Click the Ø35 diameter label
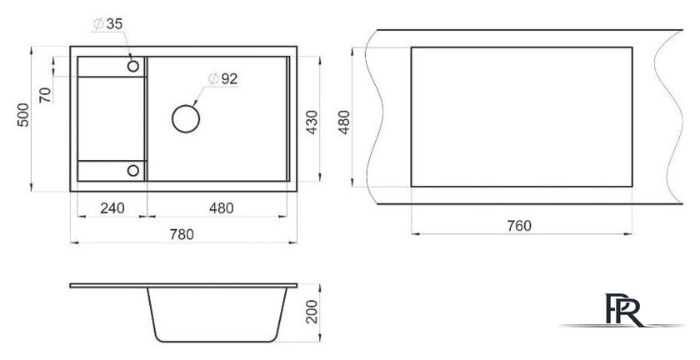pos(107,23)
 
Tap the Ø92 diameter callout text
pos(222,79)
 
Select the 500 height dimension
pos(23,115)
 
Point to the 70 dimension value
pos(45,95)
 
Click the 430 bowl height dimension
pos(312,122)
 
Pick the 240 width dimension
pos(112,208)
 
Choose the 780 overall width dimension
pos(182,234)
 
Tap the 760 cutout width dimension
pos(519,226)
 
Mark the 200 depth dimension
pos(312,312)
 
